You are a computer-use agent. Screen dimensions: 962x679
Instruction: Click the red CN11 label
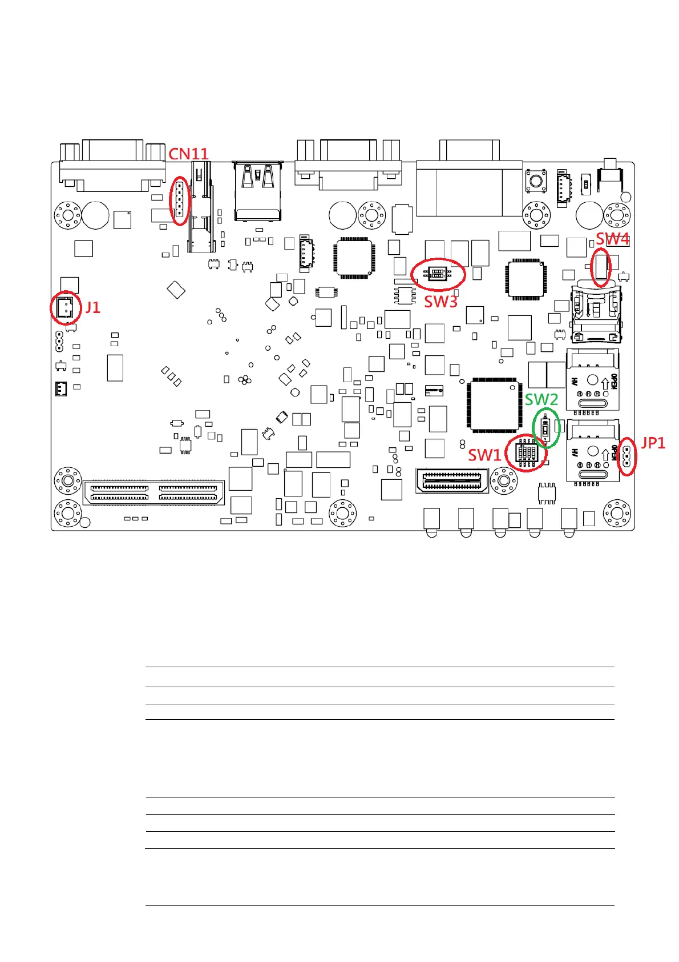(x=188, y=154)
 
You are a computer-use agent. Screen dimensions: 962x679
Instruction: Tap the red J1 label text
(x=92, y=308)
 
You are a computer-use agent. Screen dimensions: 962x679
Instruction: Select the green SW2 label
(x=541, y=399)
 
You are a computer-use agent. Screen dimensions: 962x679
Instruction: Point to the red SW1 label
(x=484, y=455)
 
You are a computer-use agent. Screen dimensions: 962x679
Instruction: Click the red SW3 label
(x=440, y=302)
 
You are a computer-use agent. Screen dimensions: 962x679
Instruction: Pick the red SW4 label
(x=612, y=239)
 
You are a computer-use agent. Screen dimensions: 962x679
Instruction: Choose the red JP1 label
(x=653, y=443)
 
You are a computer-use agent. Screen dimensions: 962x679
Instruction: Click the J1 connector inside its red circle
(x=64, y=308)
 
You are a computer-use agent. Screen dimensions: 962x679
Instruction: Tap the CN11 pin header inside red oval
(x=179, y=201)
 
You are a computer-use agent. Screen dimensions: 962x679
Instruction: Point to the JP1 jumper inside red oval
(x=627, y=455)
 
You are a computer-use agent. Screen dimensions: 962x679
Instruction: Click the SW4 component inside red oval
(x=601, y=267)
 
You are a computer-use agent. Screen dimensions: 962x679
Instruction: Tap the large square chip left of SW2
(x=494, y=405)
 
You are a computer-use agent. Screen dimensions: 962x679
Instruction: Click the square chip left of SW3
(x=354, y=258)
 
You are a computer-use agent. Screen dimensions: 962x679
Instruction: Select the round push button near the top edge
(x=535, y=181)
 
